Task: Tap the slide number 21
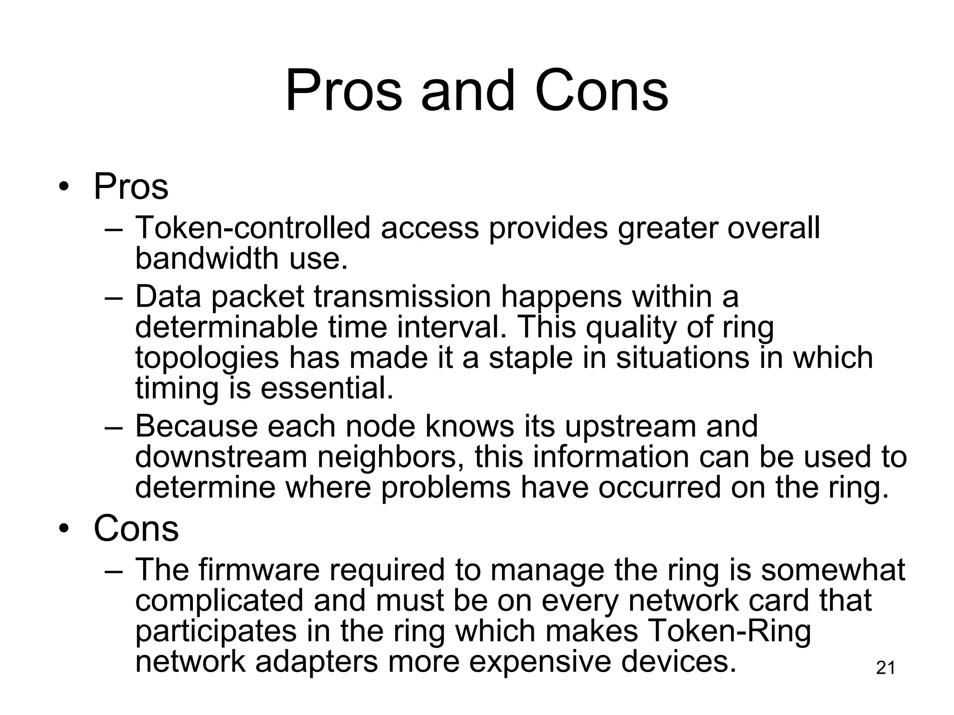886,668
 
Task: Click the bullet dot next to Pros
64,187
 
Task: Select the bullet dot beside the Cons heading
64,529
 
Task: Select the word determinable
226,327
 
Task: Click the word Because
196,426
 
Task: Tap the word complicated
219,600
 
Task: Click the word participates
216,631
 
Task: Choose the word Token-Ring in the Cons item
729,631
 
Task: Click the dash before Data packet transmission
114,298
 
